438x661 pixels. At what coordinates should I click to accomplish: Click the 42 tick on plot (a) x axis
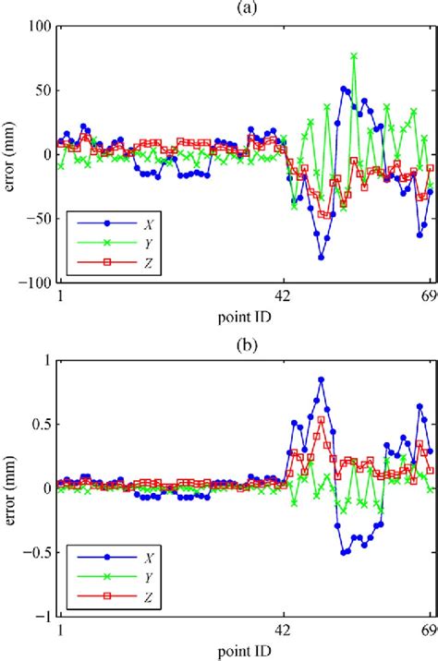[284, 297]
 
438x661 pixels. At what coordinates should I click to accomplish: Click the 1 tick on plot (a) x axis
[60, 297]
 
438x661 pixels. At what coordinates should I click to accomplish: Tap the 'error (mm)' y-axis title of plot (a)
[10, 154]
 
